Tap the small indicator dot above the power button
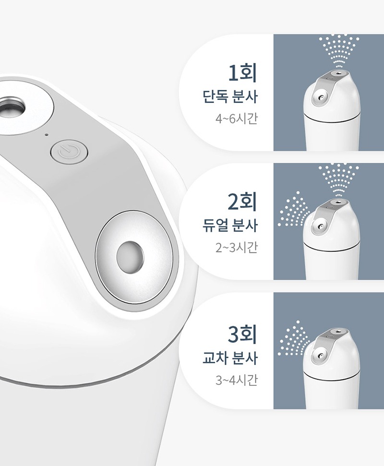(46, 135)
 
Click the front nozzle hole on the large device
(130, 257)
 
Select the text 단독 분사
(230, 97)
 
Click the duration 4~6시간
(236, 119)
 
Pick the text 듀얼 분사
(230, 226)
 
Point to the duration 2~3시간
(236, 247)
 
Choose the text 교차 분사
(230, 358)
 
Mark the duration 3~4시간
(236, 380)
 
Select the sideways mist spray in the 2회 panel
(293, 209)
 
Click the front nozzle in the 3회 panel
(320, 356)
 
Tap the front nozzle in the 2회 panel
(320, 227)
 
